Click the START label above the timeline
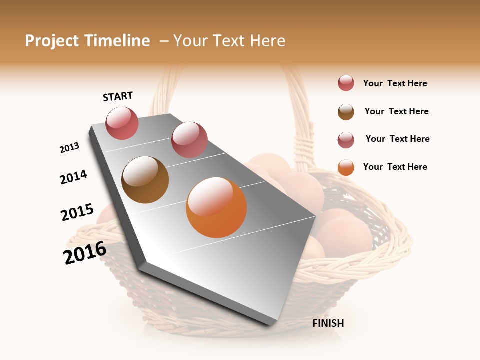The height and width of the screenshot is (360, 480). [118, 96]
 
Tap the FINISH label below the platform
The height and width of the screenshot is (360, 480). [328, 323]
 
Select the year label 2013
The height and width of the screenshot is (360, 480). [69, 148]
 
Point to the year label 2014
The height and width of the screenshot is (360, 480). [73, 177]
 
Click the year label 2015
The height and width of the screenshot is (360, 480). [77, 212]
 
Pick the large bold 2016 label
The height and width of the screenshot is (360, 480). [85, 253]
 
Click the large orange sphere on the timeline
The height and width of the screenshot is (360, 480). [216, 207]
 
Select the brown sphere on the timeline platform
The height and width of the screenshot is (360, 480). [145, 180]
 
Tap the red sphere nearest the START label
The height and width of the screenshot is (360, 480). [122, 123]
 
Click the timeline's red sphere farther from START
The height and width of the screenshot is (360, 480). [189, 139]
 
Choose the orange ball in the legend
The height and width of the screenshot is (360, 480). [346, 167]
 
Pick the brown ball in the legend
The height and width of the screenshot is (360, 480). [346, 112]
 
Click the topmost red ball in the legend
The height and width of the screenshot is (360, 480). [346, 83]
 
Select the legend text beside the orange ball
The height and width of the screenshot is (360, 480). [395, 167]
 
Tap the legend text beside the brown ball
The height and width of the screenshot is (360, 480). [397, 111]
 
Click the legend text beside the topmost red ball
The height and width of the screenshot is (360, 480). [395, 83]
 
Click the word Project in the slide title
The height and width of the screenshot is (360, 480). [52, 41]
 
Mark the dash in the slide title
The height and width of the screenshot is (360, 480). [164, 41]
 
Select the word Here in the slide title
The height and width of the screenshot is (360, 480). [267, 41]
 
